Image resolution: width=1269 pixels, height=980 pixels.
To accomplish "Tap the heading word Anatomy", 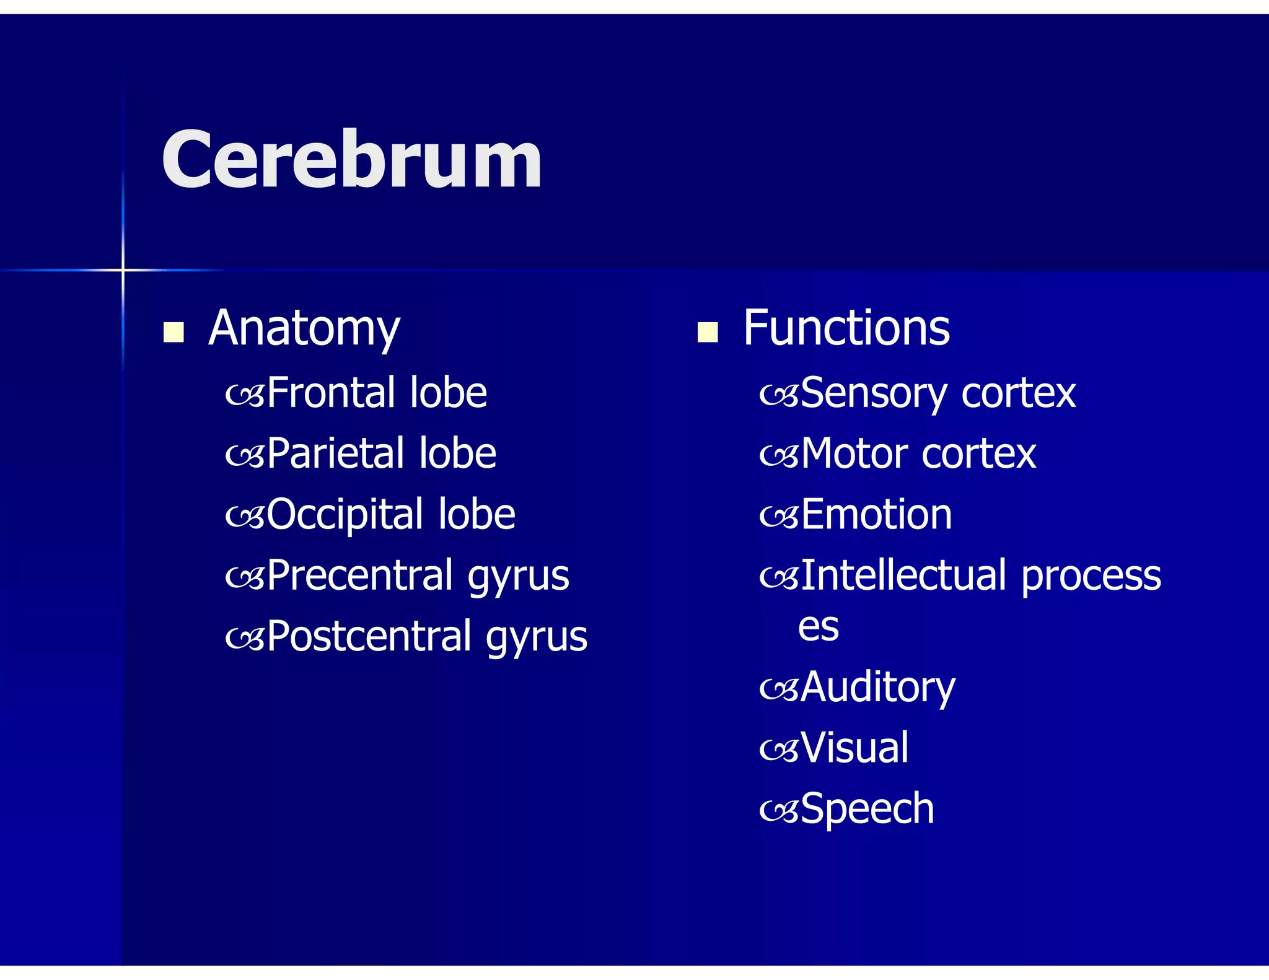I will (x=304, y=328).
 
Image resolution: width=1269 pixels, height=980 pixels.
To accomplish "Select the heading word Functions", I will (x=846, y=328).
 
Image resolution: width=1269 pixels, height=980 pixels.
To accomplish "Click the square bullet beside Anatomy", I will (x=173, y=332).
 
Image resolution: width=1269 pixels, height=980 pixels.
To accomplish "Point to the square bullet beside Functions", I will (x=707, y=332).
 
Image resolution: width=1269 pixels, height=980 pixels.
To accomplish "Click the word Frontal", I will (x=327, y=393).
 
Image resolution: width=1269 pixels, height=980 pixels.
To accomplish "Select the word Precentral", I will (x=360, y=575).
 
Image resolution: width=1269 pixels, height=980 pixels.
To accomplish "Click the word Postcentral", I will (x=369, y=636).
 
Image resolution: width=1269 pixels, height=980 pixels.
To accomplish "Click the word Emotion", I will (x=876, y=514).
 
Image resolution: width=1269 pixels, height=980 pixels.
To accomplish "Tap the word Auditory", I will (x=877, y=688).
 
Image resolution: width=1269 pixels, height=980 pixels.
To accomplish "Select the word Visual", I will (x=854, y=747).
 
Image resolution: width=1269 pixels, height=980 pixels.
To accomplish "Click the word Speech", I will (x=867, y=809).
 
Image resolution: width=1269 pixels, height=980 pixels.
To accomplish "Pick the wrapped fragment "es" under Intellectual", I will (x=819, y=628).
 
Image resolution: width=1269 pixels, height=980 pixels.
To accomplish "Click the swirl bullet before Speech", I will (x=779, y=811).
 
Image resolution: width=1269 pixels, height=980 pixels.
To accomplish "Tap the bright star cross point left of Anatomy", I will (x=123, y=270).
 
